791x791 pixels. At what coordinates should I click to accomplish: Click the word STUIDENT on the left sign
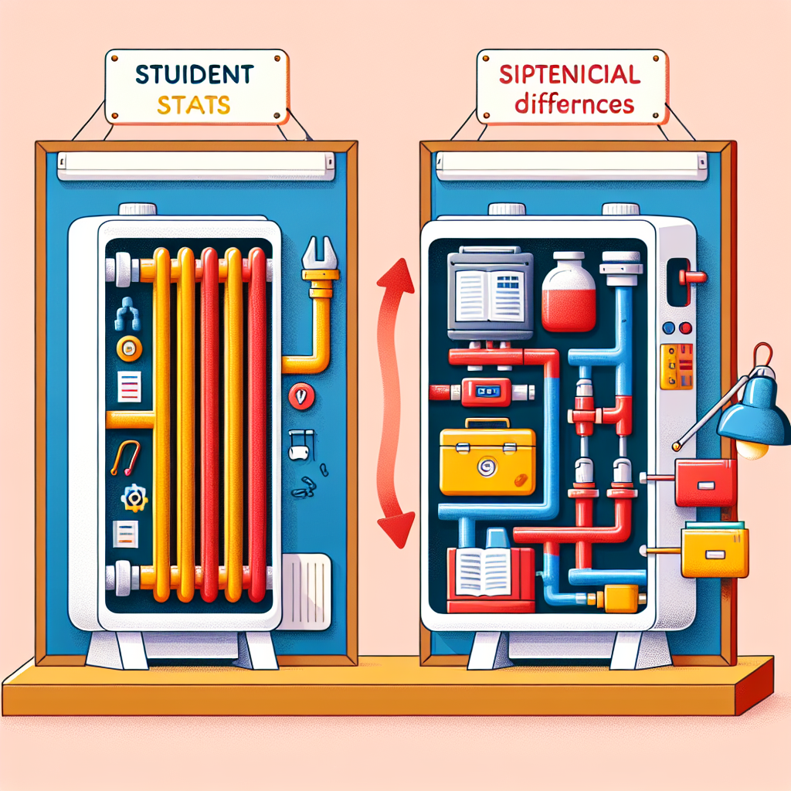pos(194,75)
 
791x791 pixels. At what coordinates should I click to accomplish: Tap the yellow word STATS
pos(194,105)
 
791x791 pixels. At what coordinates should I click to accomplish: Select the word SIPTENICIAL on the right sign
pos(570,75)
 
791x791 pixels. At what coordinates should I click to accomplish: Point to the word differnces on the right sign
pos(574,104)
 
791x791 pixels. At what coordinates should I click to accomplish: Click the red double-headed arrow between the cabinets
pos(389,403)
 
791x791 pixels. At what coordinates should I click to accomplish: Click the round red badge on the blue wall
pos(302,396)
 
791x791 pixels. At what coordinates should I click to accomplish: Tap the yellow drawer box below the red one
pos(715,552)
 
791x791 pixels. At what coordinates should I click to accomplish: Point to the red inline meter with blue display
pos(487,392)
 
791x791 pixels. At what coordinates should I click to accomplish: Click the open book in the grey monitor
pos(490,296)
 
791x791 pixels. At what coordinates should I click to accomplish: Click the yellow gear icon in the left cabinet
pos(134,498)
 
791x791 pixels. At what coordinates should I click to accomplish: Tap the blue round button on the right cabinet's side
pos(668,328)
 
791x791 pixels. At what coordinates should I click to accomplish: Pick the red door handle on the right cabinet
pos(691,277)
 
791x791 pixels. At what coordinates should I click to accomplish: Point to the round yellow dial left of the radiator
pos(129,348)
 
